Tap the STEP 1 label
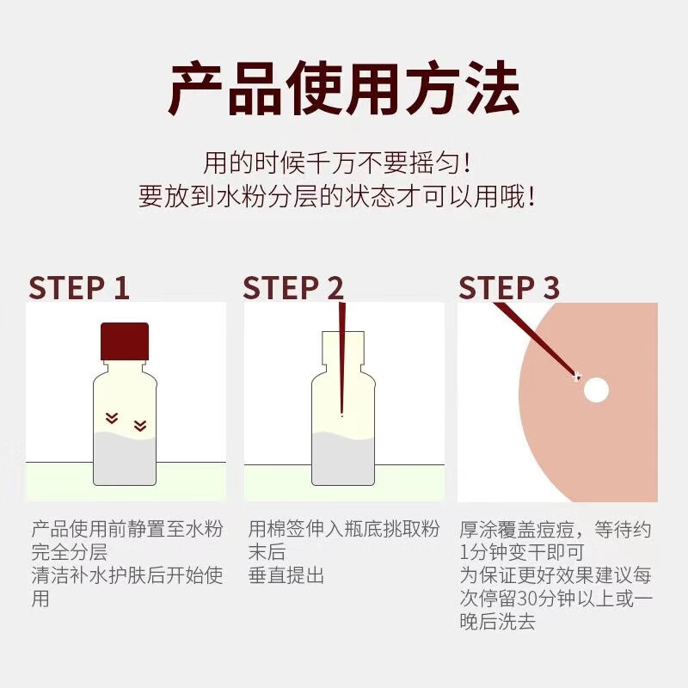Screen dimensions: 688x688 click(x=78, y=288)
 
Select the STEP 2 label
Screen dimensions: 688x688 click(x=292, y=288)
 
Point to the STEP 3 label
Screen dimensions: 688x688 click(x=509, y=288)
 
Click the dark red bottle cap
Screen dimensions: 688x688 click(x=125, y=341)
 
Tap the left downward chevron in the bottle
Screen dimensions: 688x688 click(x=111, y=418)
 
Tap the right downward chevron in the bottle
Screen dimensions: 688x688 click(x=140, y=425)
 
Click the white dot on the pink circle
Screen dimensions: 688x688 click(x=596, y=390)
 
